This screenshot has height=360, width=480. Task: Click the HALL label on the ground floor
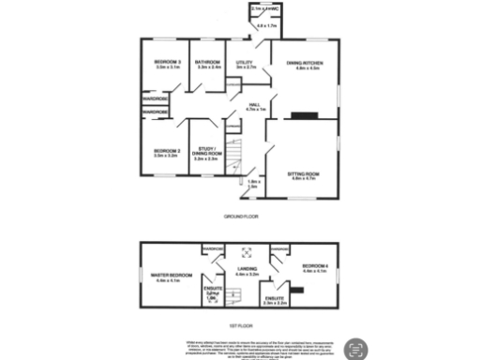click(256, 104)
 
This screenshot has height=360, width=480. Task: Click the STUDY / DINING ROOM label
click(205, 153)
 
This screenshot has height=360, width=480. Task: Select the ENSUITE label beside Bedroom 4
click(275, 299)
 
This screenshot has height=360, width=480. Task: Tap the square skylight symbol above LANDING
click(247, 251)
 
